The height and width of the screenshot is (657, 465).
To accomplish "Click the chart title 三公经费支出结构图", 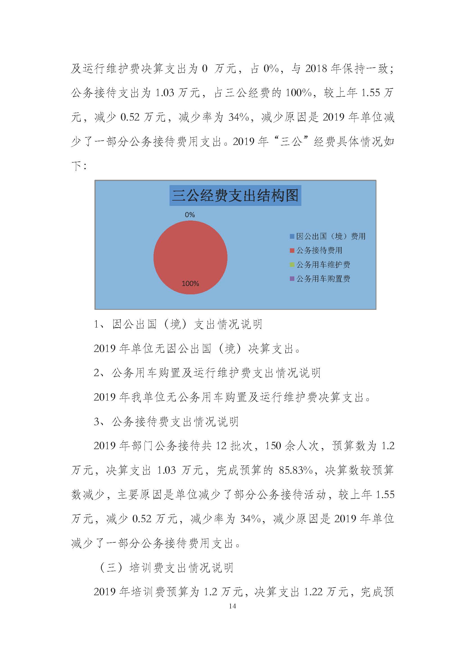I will click(x=235, y=196).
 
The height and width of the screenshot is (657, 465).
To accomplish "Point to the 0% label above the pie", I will click(x=190, y=215).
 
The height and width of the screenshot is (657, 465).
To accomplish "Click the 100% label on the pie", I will click(x=190, y=284).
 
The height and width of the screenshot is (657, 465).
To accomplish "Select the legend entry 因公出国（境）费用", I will click(x=330, y=236).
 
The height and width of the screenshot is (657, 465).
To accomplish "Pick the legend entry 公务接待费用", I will click(x=319, y=250).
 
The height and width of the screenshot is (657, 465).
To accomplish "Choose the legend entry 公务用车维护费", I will click(x=323, y=265).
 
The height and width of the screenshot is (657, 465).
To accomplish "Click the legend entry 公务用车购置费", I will click(x=323, y=279).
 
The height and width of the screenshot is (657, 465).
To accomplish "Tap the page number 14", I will click(x=232, y=606).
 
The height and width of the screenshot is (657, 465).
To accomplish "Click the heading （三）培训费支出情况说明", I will click(x=166, y=568).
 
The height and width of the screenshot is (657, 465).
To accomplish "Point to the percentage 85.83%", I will click(x=295, y=470).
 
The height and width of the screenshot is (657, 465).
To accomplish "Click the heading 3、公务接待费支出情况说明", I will click(x=166, y=422).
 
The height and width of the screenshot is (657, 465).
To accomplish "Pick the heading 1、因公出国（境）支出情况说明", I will click(x=178, y=324).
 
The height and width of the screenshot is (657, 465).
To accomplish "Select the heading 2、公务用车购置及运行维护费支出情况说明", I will click(x=207, y=373).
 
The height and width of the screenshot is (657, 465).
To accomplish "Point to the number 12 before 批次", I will click(x=221, y=446).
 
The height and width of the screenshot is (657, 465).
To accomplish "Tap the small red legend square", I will click(x=292, y=251).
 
